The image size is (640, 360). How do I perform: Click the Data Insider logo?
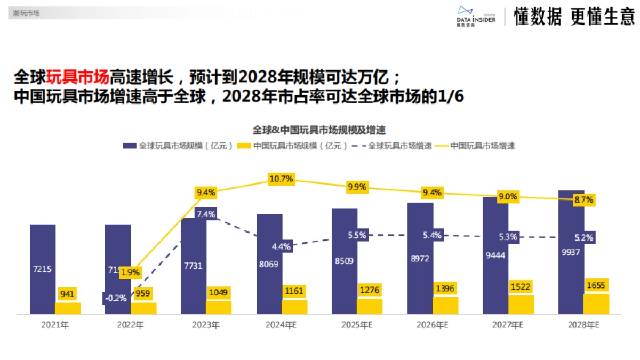[x=476, y=17]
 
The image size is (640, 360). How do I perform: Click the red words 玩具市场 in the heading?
[x=77, y=77]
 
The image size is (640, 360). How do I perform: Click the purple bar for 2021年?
[x=43, y=245]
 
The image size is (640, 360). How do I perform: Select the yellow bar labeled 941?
[x=68, y=308]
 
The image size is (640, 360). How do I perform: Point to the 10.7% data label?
[x=281, y=179]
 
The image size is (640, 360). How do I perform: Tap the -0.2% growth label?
[x=116, y=298]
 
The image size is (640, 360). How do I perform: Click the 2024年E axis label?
[x=281, y=324]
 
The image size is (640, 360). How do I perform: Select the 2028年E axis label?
[x=583, y=324]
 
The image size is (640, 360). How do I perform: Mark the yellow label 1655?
[x=596, y=285]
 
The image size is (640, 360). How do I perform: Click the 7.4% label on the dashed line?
[x=206, y=214]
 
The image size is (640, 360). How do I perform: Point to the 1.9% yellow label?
[x=130, y=273]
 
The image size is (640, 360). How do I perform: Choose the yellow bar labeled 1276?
[x=370, y=306]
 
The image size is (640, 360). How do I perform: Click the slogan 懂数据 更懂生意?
[x=574, y=17]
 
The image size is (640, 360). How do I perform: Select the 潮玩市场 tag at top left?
[x=26, y=13]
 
